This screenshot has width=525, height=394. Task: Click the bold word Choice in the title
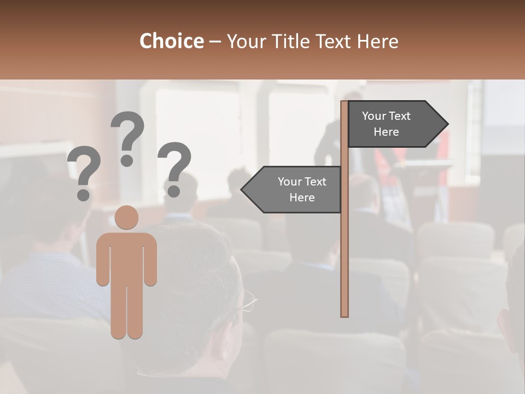point(171,41)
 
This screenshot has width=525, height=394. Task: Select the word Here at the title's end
point(378,41)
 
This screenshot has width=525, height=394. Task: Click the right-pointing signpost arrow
point(394,124)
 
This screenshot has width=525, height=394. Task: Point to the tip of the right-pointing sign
point(447,124)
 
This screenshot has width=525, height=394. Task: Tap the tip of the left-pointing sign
point(242,190)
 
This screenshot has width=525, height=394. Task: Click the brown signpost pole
point(345,246)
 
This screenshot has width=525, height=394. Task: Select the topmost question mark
point(127,131)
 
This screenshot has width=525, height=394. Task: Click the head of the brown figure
point(127,217)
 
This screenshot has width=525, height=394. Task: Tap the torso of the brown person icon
point(127,257)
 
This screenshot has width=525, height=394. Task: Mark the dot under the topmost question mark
point(127,160)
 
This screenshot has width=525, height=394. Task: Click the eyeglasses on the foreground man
point(248,302)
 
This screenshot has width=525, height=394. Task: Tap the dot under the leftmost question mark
point(83,195)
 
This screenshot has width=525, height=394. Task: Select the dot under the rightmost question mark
point(174,192)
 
